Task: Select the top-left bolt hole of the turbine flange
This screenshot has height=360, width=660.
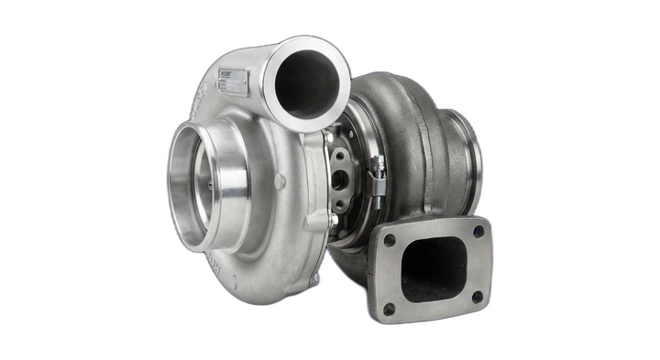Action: (390, 240)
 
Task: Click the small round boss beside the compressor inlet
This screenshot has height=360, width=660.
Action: (280, 181)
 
